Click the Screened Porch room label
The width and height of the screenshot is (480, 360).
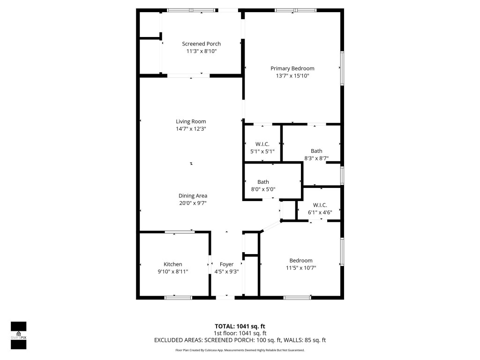(x=201, y=44)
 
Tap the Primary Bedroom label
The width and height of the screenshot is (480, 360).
(x=292, y=68)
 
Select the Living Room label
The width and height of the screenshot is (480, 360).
(x=191, y=121)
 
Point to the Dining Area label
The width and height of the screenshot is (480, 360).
(x=193, y=196)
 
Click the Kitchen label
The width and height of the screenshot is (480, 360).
(x=172, y=264)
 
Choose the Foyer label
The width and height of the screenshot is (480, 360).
(x=226, y=264)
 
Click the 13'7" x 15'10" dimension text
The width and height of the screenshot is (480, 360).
(x=292, y=75)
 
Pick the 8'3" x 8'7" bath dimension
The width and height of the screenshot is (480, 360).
(x=316, y=158)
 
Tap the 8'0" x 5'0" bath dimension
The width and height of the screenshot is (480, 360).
(x=266, y=189)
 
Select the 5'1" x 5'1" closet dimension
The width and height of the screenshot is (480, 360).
(x=262, y=151)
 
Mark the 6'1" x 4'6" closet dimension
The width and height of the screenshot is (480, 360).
(x=320, y=212)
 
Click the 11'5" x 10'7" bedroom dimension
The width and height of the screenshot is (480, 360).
(x=300, y=268)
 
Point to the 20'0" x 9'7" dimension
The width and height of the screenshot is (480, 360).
(x=193, y=203)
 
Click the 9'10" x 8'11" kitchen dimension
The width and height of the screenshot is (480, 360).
(x=172, y=271)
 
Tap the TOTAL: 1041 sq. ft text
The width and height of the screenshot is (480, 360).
(x=240, y=326)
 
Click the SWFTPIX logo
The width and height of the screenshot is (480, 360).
(x=18, y=335)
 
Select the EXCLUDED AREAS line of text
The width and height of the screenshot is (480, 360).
(x=240, y=340)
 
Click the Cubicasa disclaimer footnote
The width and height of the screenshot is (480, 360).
(x=240, y=350)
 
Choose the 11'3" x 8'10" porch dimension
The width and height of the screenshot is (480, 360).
(x=201, y=51)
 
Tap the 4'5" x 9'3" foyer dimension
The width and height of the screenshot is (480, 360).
(x=226, y=271)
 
